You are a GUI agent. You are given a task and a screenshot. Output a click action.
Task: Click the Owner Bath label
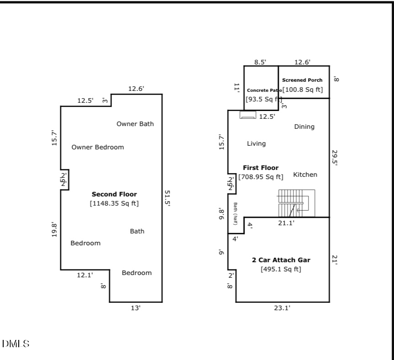pyautogui.click(x=135, y=124)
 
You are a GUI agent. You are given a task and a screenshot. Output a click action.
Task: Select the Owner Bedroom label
pyautogui.click(x=97, y=147)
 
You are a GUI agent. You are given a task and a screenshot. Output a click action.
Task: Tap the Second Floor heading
pyautogui.click(x=114, y=194)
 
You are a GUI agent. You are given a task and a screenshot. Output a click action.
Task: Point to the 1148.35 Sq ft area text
pyautogui.click(x=114, y=203)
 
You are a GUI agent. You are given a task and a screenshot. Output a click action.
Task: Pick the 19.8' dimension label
pyautogui.click(x=54, y=229)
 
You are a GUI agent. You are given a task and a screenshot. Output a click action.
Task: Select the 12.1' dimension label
pyautogui.click(x=85, y=275)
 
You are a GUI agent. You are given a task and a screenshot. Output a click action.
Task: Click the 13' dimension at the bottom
pyautogui.click(x=136, y=308)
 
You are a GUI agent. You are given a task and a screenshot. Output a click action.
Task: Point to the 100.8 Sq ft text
pyautogui.click(x=303, y=90)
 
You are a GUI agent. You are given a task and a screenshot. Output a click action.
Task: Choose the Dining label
pyautogui.click(x=304, y=127)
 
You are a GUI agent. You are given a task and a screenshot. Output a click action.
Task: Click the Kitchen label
pyautogui.click(x=305, y=175)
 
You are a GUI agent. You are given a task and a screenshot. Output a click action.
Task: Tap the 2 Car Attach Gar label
pyautogui.click(x=281, y=260)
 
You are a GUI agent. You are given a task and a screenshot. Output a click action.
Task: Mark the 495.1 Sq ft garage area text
pyautogui.click(x=281, y=269)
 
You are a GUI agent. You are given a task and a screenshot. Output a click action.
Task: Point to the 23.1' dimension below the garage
pyautogui.click(x=282, y=308)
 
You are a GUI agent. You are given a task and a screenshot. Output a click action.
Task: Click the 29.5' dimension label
pyautogui.click(x=335, y=158)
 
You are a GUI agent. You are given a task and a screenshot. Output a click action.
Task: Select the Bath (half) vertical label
pyautogui.click(x=236, y=213)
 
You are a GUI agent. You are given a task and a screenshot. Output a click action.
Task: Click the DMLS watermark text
pyautogui.click(x=16, y=344)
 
